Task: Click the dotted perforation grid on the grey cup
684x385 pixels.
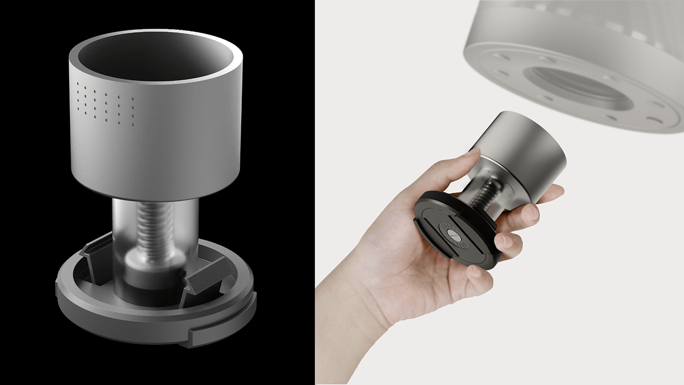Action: click(x=106, y=104)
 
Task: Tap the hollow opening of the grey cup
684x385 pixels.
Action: click(x=155, y=58)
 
